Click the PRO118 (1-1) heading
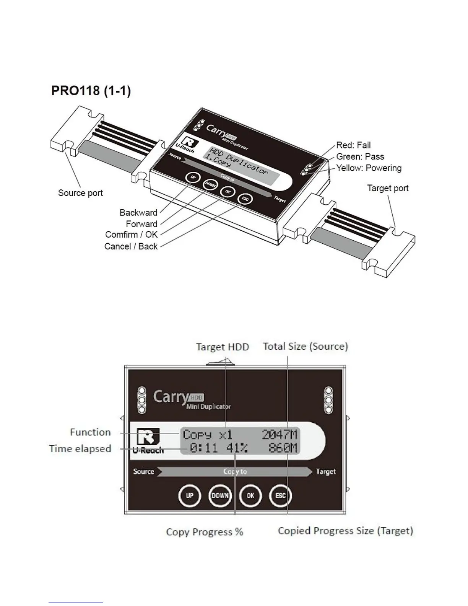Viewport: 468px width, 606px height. click(91, 91)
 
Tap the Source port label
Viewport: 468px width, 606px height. click(80, 193)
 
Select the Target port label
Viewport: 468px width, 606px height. click(388, 188)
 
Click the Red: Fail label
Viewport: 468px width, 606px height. click(353, 145)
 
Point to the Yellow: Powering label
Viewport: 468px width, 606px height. click(369, 168)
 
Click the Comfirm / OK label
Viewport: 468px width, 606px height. click(131, 235)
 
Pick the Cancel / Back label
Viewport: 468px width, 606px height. click(131, 246)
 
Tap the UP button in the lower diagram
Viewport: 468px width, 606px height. click(190, 495)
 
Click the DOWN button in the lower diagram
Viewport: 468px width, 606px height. click(220, 495)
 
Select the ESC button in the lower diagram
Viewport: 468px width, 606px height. click(281, 495)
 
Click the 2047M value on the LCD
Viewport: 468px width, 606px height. click(279, 435)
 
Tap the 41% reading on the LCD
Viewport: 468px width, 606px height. click(237, 448)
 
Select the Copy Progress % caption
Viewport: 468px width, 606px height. click(205, 532)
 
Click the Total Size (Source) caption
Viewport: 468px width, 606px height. click(305, 346)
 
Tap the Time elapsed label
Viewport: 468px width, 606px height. click(80, 448)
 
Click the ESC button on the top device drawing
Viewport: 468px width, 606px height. click(245, 199)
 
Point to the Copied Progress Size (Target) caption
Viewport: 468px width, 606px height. click(345, 531)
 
